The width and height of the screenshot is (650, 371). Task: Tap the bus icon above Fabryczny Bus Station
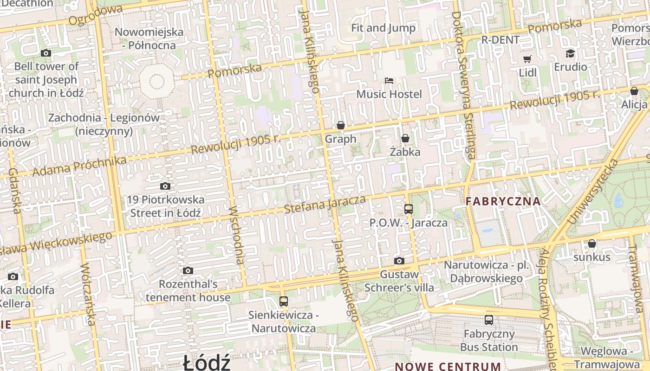[x=489, y=320]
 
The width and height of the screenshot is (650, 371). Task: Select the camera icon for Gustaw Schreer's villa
[x=399, y=261]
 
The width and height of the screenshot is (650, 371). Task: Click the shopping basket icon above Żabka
[x=405, y=138]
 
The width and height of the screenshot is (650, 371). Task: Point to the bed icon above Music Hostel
[x=389, y=81]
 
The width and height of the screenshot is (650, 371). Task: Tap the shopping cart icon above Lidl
[x=527, y=59]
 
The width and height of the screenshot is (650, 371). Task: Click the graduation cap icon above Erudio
[x=570, y=53]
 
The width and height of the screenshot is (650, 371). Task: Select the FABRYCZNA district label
[x=503, y=201]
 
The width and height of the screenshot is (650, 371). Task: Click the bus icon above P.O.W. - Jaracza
[x=409, y=209]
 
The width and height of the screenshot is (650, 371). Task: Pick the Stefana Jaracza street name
[x=325, y=205]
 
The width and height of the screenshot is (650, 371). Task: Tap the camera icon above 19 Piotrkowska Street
[x=165, y=186]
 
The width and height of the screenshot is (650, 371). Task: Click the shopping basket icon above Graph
[x=341, y=125]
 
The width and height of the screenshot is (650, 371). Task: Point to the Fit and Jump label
[x=383, y=28]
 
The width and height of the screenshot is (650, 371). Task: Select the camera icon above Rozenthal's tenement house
[x=188, y=270]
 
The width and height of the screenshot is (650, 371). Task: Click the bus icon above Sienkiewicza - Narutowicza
[x=284, y=301]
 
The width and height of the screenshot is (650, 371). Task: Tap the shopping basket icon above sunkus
[x=592, y=243]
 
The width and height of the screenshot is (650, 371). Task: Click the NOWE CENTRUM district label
[x=448, y=366]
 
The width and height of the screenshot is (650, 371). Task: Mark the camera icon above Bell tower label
[x=45, y=53]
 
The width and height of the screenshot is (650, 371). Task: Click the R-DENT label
[x=500, y=40]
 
